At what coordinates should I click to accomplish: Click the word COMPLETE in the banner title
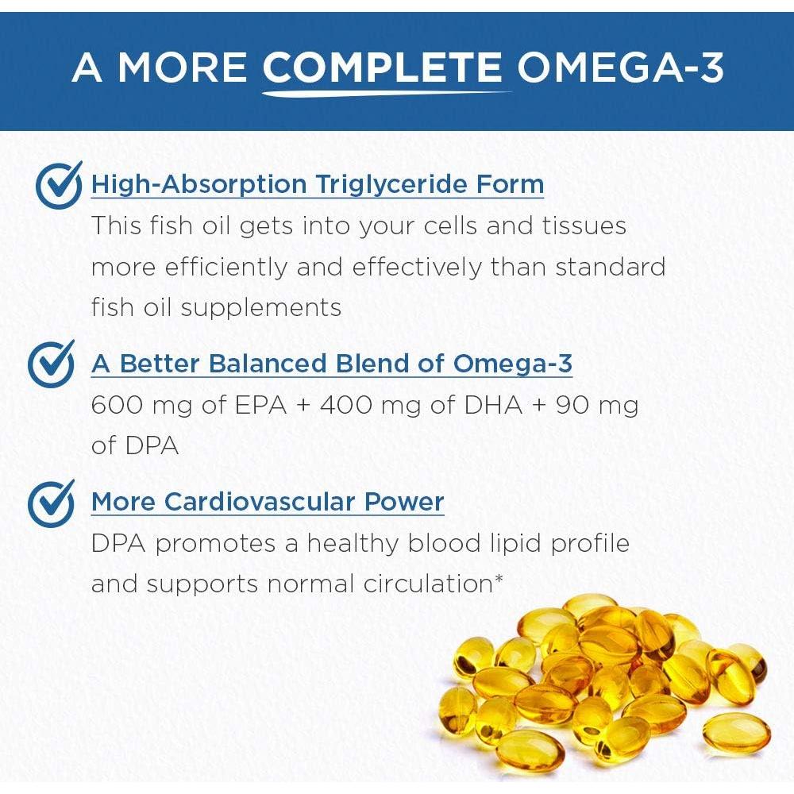[382, 68]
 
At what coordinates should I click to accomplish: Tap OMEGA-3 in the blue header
[621, 68]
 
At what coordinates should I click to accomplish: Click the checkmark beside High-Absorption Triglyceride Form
[59, 185]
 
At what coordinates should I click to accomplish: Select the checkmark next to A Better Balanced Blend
[51, 364]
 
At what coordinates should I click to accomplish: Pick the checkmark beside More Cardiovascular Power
[51, 503]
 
